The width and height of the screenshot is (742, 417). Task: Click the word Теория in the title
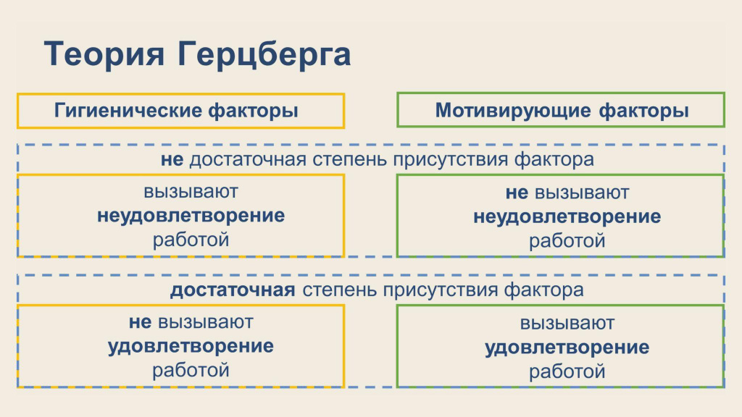(104, 54)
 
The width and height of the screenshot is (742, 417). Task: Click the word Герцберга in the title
(264, 55)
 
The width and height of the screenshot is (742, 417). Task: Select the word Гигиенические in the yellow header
(128, 111)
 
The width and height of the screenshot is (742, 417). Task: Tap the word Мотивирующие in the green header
(513, 111)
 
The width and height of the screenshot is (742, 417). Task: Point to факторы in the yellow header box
(253, 111)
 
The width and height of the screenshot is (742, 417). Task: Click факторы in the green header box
(643, 111)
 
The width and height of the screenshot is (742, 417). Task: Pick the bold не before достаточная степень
(172, 160)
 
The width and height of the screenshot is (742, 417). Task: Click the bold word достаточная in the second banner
(233, 290)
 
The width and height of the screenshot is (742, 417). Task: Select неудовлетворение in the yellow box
(191, 216)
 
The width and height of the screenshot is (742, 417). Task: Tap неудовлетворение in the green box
(567, 216)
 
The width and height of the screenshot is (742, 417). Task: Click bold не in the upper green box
(517, 193)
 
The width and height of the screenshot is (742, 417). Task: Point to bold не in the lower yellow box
(140, 322)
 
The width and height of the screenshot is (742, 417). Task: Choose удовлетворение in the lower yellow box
(191, 346)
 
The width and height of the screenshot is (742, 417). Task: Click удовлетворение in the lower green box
(567, 347)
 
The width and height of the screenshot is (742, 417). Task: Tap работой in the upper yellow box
(191, 240)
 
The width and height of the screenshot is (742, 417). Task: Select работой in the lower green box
(567, 371)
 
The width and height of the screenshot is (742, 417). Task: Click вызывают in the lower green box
(567, 324)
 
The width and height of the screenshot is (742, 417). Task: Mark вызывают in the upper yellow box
(191, 192)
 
